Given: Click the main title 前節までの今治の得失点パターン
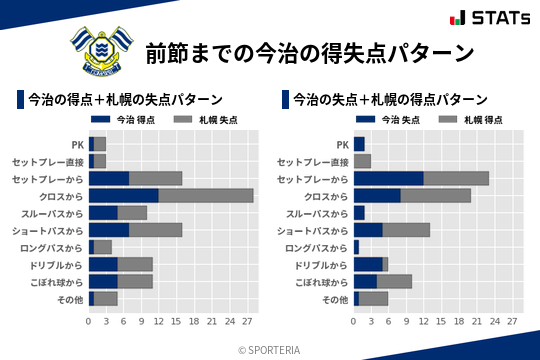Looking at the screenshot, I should coord(309,51).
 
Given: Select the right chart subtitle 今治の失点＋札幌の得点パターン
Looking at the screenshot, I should coord(390,100).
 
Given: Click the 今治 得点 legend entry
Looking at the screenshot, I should coord(126,120).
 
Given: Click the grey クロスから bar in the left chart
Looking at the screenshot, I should coord(206,195).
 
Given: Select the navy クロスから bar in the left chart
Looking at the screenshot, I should coord(123,195).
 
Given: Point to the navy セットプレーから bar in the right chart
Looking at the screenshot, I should coord(388,178).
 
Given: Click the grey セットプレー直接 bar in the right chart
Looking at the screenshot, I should coord(362,161).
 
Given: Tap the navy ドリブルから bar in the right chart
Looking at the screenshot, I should coord(368,264).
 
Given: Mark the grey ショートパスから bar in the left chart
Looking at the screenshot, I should coord(156,230).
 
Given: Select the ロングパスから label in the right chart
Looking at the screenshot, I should coord(317,247).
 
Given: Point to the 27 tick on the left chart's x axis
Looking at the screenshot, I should coord(247,322).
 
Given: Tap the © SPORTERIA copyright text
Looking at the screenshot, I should coord(270,349).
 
